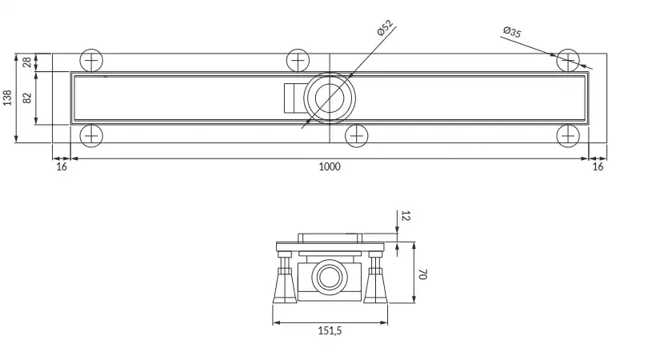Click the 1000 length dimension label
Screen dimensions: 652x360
pyautogui.click(x=330, y=166)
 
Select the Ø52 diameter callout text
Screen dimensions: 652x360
pyautogui.click(x=385, y=28)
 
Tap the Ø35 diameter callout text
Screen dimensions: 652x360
pyautogui.click(x=512, y=32)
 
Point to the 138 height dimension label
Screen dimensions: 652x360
pyautogui.click(x=7, y=98)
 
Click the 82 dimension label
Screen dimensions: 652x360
pyautogui.click(x=27, y=98)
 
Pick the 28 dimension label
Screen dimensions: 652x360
pyautogui.click(x=27, y=62)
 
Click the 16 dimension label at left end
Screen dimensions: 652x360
pyautogui.click(x=62, y=166)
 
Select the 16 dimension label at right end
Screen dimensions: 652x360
pyautogui.click(x=598, y=166)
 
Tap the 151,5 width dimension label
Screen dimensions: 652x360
pyautogui.click(x=330, y=331)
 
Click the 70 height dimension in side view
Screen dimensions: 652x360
pyautogui.click(x=423, y=274)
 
